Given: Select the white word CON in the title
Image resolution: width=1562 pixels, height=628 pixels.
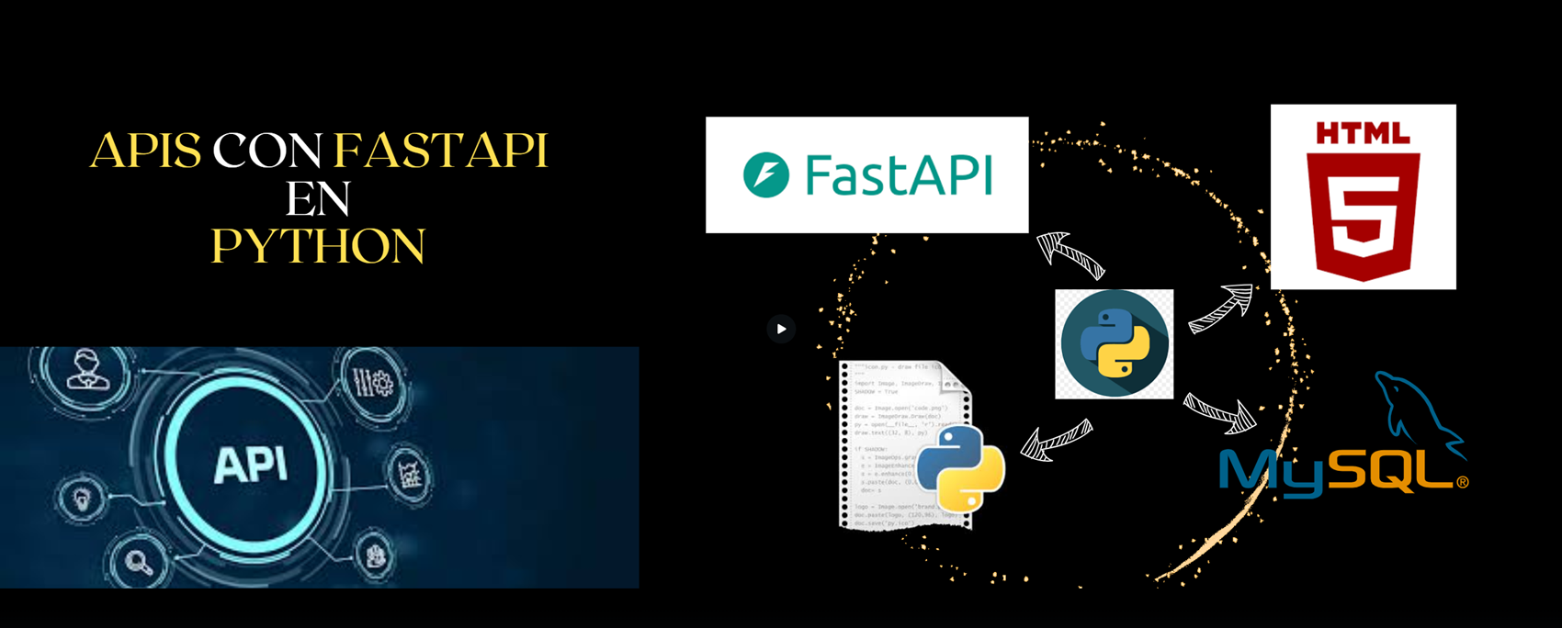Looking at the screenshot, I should point(267,151).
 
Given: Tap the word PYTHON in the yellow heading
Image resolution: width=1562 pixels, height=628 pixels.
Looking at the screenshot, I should point(318,246).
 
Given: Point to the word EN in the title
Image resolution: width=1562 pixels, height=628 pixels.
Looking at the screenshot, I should point(318,198).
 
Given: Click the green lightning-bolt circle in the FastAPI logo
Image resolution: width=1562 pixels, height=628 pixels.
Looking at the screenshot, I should point(765,174).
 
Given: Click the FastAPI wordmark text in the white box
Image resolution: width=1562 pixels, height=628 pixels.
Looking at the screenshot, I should point(899,174).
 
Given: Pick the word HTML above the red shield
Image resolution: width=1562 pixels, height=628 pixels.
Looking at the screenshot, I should point(1363,134).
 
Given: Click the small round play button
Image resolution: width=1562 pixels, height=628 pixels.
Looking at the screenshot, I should point(781,329).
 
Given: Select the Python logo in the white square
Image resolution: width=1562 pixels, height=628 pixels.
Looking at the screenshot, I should point(1114,344).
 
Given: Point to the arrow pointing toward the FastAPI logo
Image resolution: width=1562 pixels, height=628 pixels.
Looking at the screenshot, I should point(1069,254).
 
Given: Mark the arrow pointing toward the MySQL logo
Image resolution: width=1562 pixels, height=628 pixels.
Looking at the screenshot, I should point(1220,413).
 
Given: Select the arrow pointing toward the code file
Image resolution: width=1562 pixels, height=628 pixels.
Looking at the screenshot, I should point(1057,440).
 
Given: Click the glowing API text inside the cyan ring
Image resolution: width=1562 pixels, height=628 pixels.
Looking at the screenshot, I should point(250,465).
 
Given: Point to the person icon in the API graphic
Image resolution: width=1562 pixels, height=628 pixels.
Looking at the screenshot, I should point(87,368).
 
